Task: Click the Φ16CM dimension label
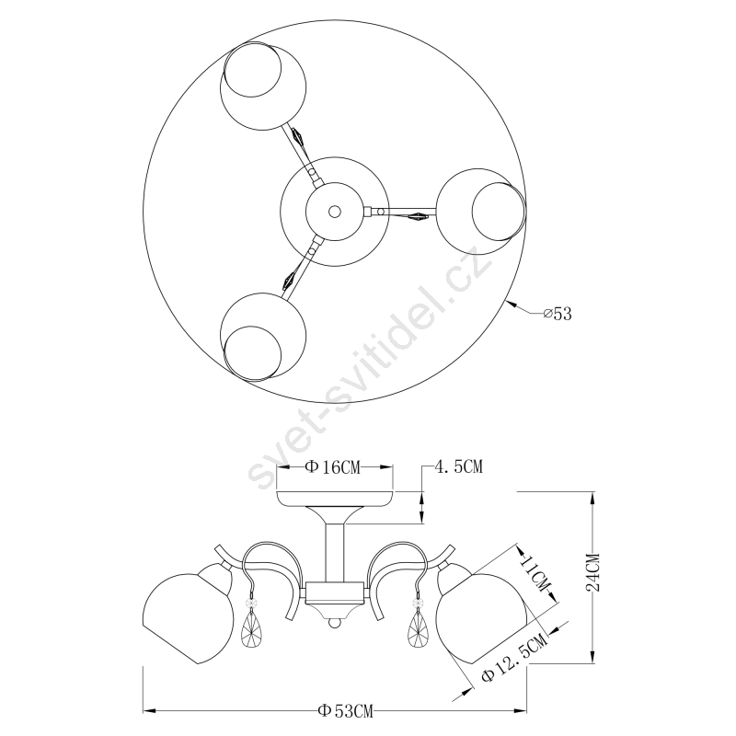[x=333, y=467]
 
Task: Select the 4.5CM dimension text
[x=459, y=467]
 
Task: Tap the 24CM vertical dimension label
[x=593, y=572]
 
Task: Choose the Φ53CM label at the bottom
[x=346, y=711]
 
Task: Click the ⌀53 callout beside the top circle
[x=558, y=314]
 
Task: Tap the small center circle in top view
[x=335, y=212]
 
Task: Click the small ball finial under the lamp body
[x=334, y=624]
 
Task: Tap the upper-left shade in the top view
[x=263, y=86]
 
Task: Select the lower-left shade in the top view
[x=263, y=337]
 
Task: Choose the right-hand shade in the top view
[x=480, y=212]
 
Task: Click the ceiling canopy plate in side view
[x=335, y=499]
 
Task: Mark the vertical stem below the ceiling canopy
[x=335, y=553]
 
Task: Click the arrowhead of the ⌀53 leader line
[x=512, y=304]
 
